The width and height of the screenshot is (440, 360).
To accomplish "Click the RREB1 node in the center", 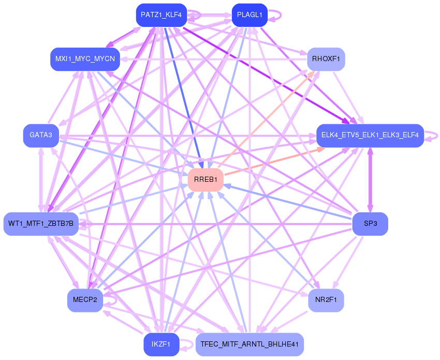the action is click(x=206, y=180).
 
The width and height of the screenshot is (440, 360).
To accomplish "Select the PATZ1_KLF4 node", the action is click(x=161, y=15).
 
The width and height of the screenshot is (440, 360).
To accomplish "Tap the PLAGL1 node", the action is click(x=249, y=15).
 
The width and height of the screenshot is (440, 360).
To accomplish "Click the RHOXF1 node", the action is click(x=326, y=59).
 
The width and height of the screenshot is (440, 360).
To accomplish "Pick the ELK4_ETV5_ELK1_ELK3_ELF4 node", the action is click(x=370, y=136).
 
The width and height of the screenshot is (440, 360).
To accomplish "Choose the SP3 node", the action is click(x=370, y=224).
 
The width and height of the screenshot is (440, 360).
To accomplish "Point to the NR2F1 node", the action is click(x=326, y=300).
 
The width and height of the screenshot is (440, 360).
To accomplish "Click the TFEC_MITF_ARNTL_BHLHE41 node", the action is click(x=250, y=344).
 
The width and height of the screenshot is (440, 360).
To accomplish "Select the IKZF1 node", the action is click(x=161, y=344).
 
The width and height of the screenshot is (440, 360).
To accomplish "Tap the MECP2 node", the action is click(x=85, y=300).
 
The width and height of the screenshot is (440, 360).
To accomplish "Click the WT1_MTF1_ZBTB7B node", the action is click(x=41, y=224).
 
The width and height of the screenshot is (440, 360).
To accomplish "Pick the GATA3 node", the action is click(x=40, y=135).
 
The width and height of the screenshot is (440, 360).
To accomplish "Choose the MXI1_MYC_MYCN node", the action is click(x=85, y=59).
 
